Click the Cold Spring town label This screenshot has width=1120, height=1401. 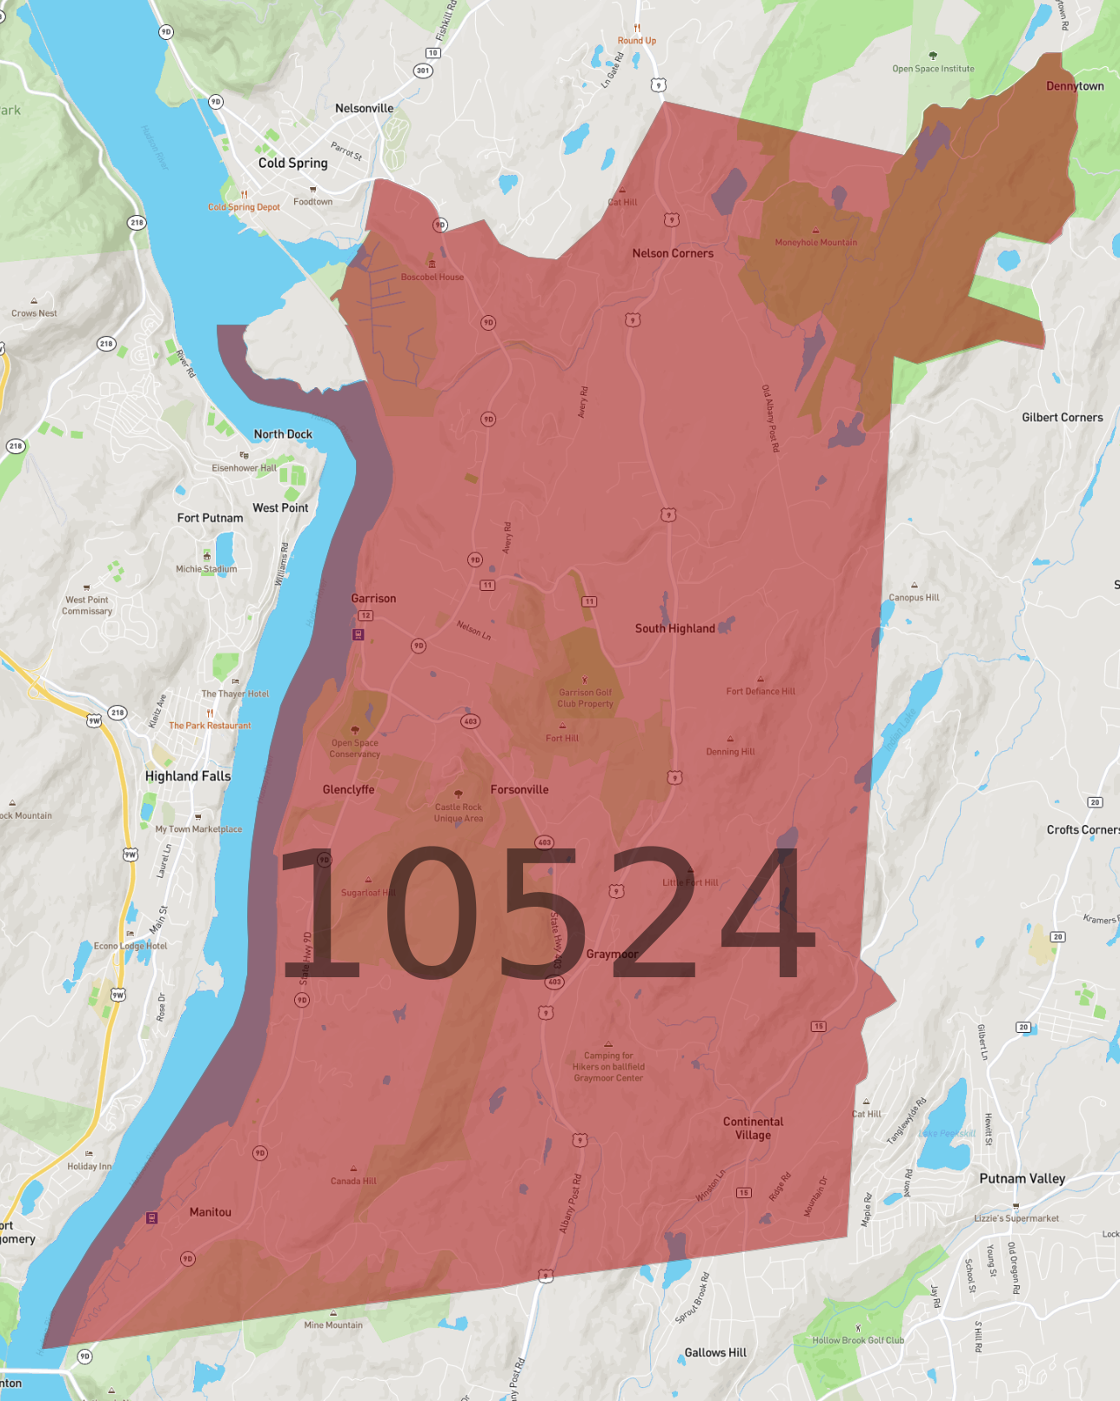pyautogui.click(x=292, y=163)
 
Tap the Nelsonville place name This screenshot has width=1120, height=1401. pyautogui.click(x=364, y=109)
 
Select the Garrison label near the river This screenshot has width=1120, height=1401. pyautogui.click(x=373, y=599)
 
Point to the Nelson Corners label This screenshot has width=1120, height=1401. pyautogui.click(x=673, y=253)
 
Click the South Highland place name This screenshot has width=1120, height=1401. pyautogui.click(x=674, y=628)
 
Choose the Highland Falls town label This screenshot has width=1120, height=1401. pyautogui.click(x=188, y=776)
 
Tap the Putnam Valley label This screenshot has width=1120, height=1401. pyautogui.click(x=1022, y=1178)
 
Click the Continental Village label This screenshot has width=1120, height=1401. pyautogui.click(x=753, y=1128)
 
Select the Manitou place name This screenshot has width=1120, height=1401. pyautogui.click(x=211, y=1212)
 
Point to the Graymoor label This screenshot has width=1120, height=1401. pyautogui.click(x=612, y=954)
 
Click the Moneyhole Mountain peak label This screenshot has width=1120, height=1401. pyautogui.click(x=815, y=243)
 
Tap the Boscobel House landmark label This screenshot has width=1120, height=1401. pyautogui.click(x=432, y=277)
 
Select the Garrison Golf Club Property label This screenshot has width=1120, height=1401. pyautogui.click(x=585, y=698)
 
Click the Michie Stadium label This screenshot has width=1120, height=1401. pyautogui.click(x=206, y=569)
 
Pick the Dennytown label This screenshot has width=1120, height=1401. pyautogui.click(x=1074, y=86)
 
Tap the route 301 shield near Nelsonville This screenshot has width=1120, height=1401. pyautogui.click(x=423, y=70)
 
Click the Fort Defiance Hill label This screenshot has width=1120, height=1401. pyautogui.click(x=761, y=692)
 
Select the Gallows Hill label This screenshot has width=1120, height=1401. pyautogui.click(x=715, y=1352)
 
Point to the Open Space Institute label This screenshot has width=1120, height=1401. pyautogui.click(x=933, y=69)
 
